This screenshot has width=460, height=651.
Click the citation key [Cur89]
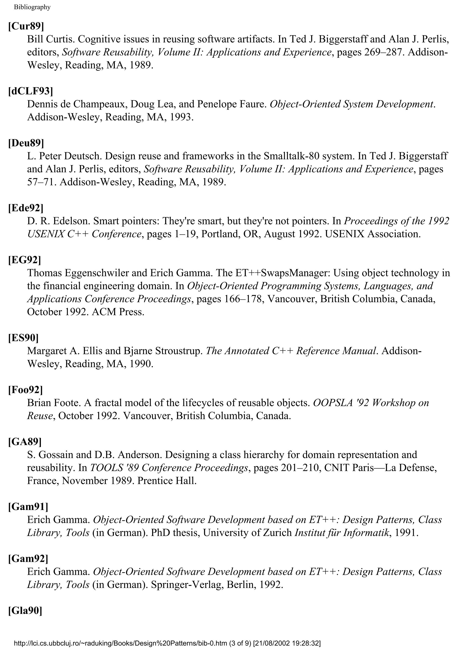pyautogui.click(x=26, y=26)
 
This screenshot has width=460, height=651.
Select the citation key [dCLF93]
pyautogui.click(x=31, y=91)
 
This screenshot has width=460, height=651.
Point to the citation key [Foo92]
pyautogui.click(x=26, y=390)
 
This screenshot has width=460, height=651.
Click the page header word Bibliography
pyautogui.click(x=32, y=7)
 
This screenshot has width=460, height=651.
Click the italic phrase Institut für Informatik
pyautogui.click(x=342, y=533)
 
